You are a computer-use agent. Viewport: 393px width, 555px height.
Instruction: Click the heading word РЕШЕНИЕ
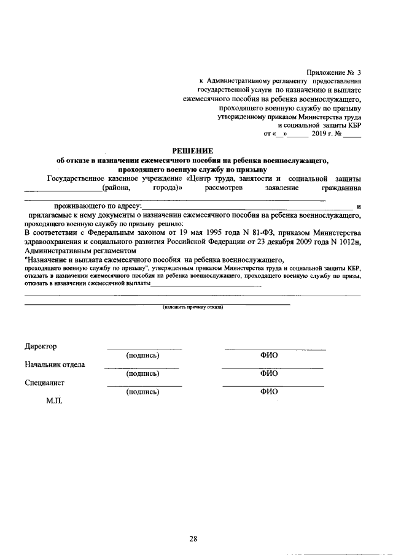pos(193,151)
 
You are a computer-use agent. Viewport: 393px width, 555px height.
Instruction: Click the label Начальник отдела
pos(55,364)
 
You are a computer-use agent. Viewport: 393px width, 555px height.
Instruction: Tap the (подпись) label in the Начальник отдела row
pos(142,373)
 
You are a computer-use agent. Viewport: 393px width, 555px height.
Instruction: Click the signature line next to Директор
pos(144,350)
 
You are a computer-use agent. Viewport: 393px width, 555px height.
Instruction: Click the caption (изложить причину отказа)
pos(193,307)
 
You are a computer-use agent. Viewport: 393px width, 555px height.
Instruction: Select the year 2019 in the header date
pos(321,132)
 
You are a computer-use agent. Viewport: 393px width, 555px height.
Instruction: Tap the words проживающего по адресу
pos(97,207)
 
